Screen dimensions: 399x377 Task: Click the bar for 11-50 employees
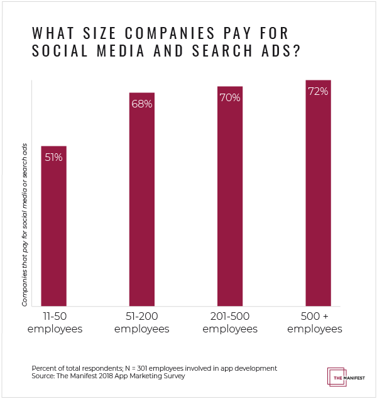pyautogui.click(x=53, y=226)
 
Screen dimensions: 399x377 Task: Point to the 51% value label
pyautogui.click(x=53, y=157)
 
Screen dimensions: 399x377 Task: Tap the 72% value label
pyautogui.click(x=317, y=92)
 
